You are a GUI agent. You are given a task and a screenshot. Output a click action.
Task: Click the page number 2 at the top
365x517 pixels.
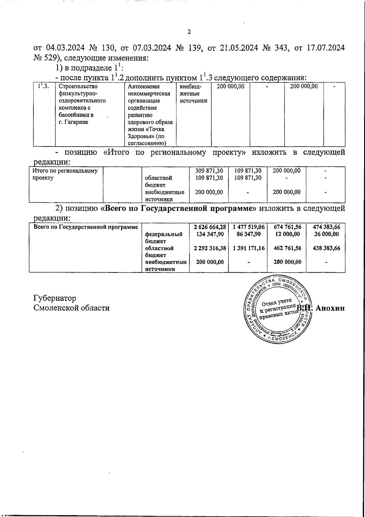click(x=189, y=32)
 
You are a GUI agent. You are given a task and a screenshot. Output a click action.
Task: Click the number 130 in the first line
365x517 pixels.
click(x=107, y=48)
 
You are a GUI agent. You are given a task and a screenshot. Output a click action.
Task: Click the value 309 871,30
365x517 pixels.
click(x=209, y=171)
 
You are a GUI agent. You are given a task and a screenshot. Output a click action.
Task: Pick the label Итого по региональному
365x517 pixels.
click(x=65, y=171)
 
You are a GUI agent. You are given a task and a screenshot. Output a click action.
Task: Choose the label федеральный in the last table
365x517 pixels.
click(x=164, y=234)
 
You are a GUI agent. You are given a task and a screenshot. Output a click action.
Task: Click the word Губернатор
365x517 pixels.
click(x=55, y=298)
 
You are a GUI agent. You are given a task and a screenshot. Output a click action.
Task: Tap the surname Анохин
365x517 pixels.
click(x=330, y=308)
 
